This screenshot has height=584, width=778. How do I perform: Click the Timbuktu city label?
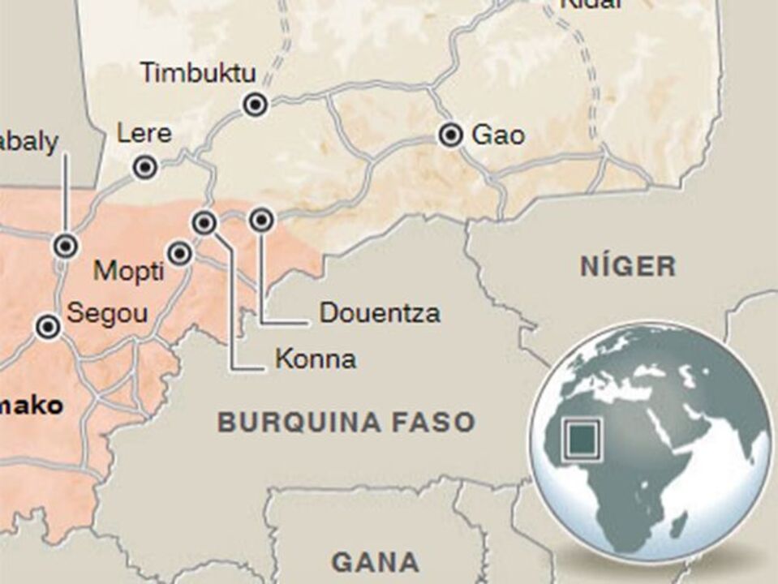coord(198,72)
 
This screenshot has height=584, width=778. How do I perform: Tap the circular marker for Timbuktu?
coord(256,104)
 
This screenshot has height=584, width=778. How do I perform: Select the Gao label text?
coord(498,135)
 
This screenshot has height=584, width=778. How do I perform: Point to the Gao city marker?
coord(451,135)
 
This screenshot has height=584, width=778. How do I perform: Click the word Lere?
coord(144,133)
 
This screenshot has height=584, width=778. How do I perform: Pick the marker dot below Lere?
coord(145,168)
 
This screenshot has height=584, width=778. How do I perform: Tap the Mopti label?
coord(128,270)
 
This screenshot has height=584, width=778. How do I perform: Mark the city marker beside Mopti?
coord(180,254)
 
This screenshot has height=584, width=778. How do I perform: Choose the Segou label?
coord(107,313)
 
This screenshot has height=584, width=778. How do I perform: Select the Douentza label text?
coord(380,313)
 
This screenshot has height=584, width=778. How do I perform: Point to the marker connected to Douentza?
coord(260,220)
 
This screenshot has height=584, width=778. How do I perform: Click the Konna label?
coord(316,359)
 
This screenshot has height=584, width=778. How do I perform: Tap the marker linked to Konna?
coord(205,221)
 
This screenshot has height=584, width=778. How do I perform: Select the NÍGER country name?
coord(628,266)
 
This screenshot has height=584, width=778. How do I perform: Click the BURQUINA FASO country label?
coord(346,422)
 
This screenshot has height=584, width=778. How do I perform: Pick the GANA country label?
coord(376,561)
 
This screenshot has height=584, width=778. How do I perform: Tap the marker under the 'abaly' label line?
coord(65,245)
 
